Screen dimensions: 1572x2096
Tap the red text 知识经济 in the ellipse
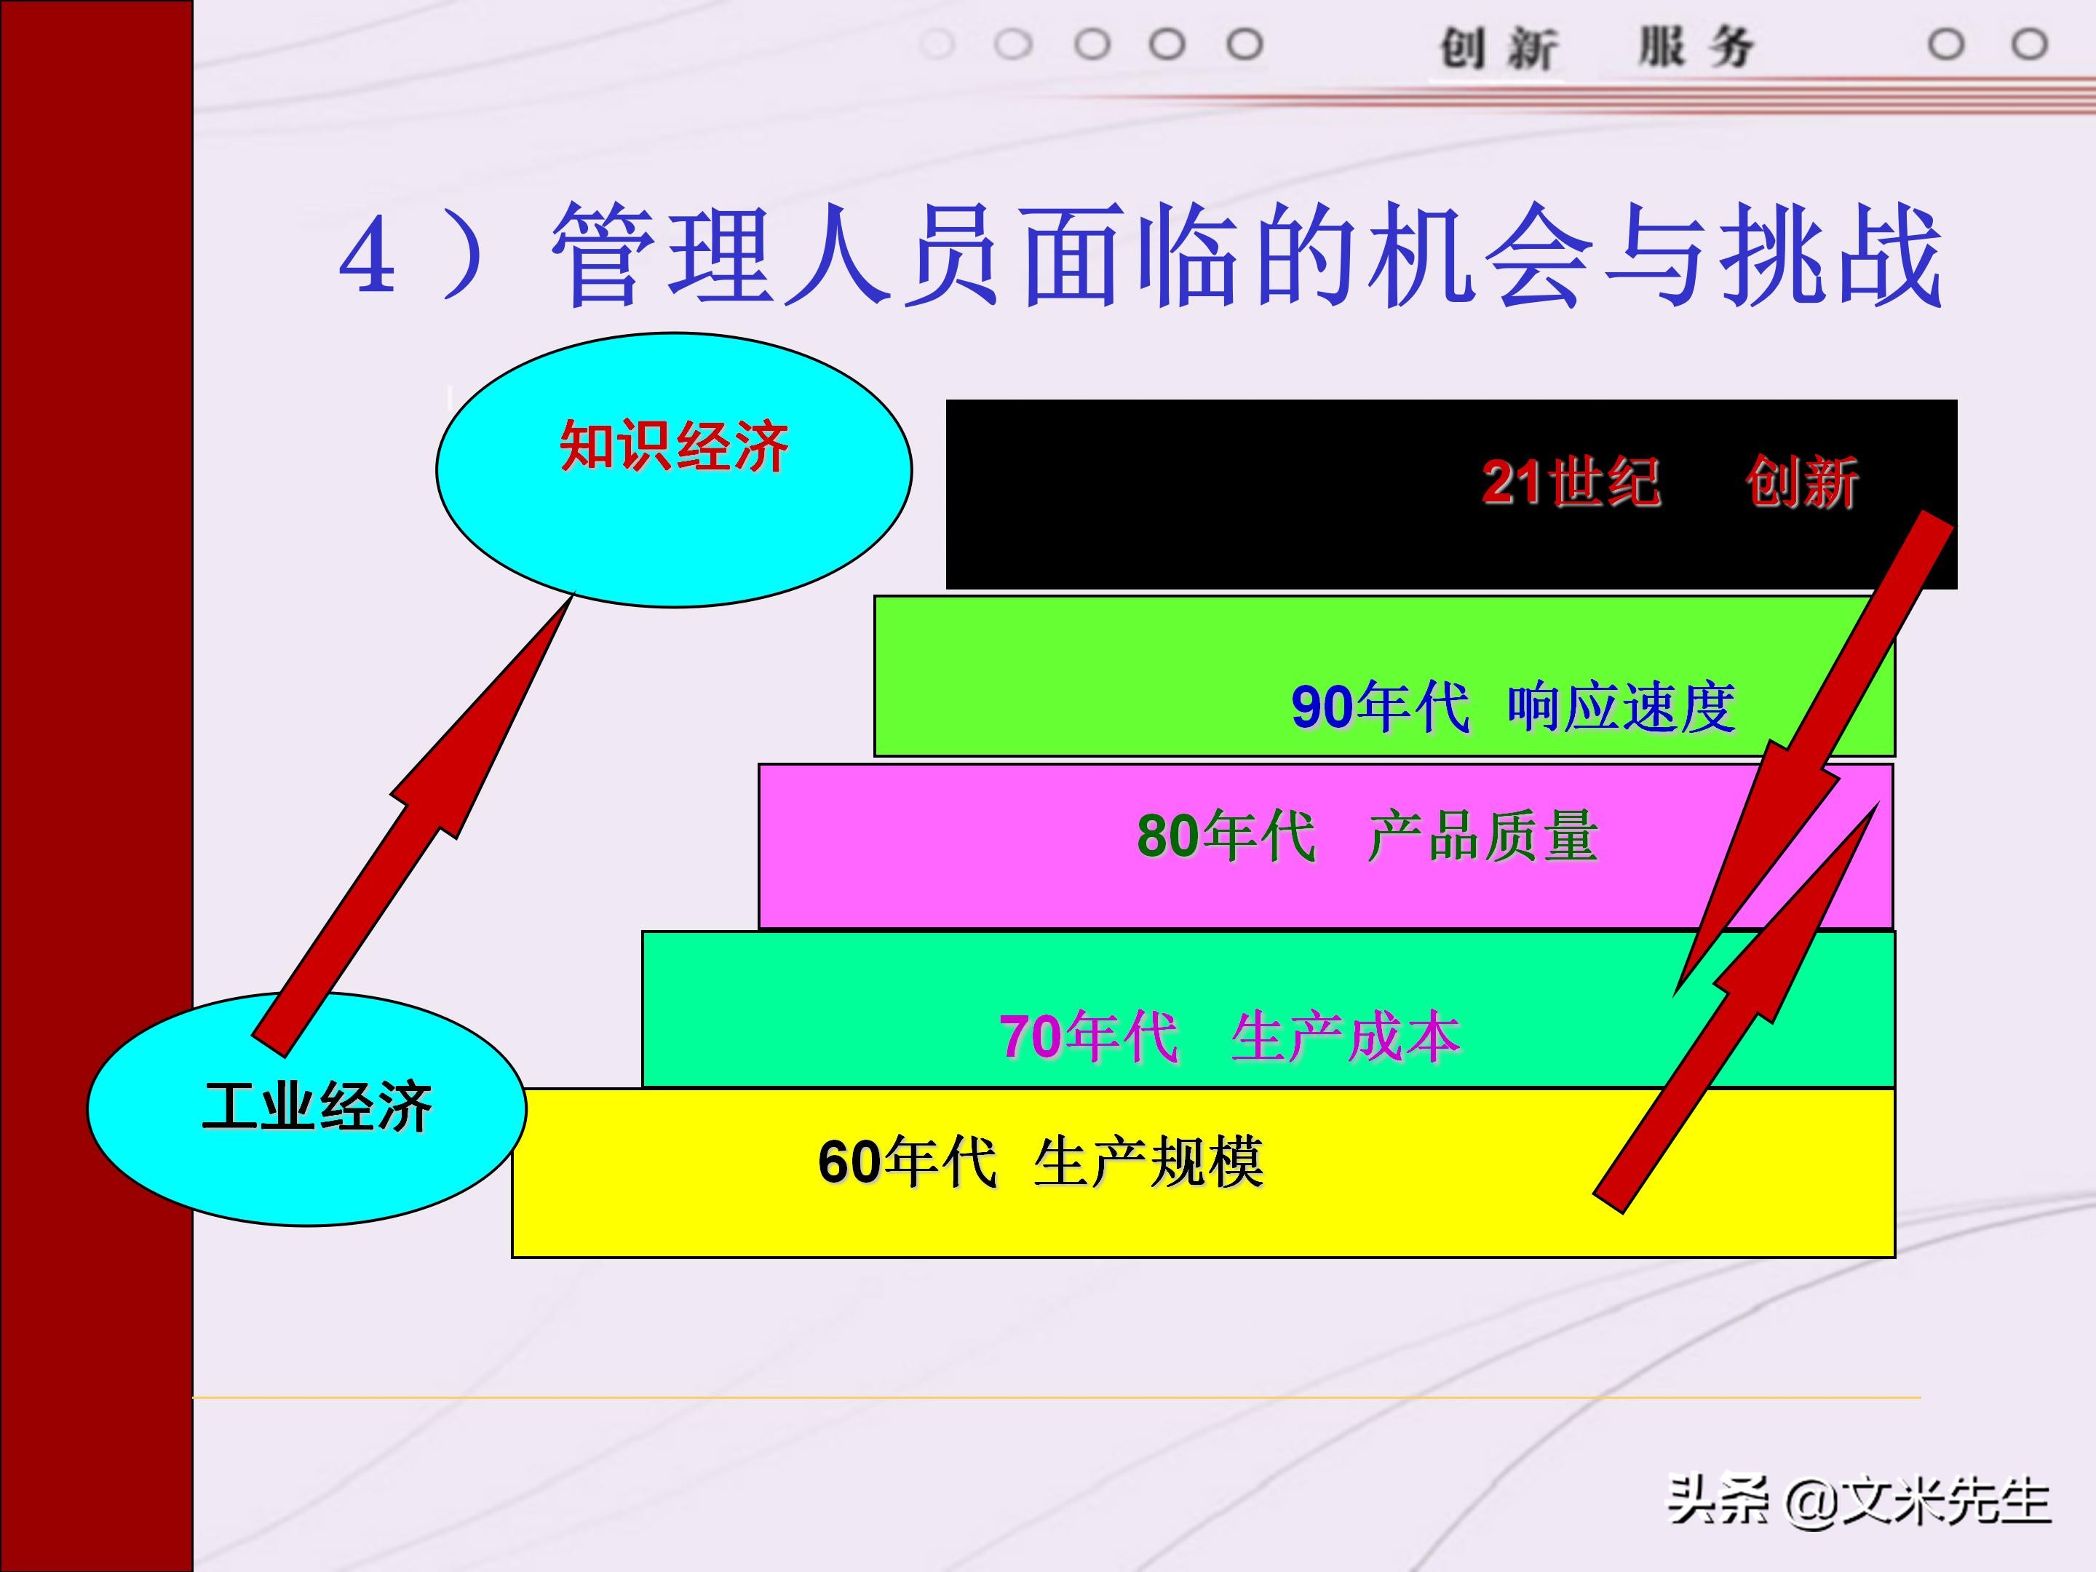point(674,445)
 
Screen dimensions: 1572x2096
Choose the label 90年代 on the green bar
point(1380,707)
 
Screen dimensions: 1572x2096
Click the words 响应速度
point(1621,707)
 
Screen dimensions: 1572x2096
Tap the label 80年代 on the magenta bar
point(1226,835)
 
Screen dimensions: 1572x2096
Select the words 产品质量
point(1483,835)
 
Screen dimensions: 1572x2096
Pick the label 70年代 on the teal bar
point(1089,1036)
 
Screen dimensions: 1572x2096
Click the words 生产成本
point(1346,1036)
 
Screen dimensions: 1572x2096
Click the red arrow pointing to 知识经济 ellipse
point(417,825)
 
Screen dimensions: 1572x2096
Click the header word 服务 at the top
point(1696,47)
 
